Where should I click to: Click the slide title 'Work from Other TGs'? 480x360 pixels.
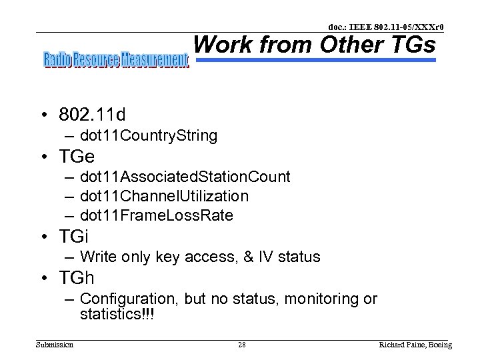click(314, 45)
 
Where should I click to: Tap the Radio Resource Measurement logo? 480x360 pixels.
click(116, 61)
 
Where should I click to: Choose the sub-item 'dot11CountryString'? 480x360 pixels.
click(148, 136)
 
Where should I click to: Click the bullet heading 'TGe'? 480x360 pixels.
click(77, 156)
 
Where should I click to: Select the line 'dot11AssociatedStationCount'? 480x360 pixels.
click(185, 177)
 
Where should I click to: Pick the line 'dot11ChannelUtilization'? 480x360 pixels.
click(164, 196)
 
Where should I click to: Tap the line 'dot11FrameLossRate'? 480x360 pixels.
click(156, 215)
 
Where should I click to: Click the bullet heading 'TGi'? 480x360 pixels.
click(73, 236)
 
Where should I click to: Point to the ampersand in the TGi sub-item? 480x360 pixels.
click(253, 257)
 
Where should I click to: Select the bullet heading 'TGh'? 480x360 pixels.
click(77, 277)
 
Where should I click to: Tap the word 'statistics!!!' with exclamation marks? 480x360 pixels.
click(117, 314)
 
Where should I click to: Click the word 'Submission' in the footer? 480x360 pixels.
click(55, 345)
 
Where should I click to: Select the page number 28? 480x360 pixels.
click(242, 345)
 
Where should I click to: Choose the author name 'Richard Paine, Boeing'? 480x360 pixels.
click(415, 345)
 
